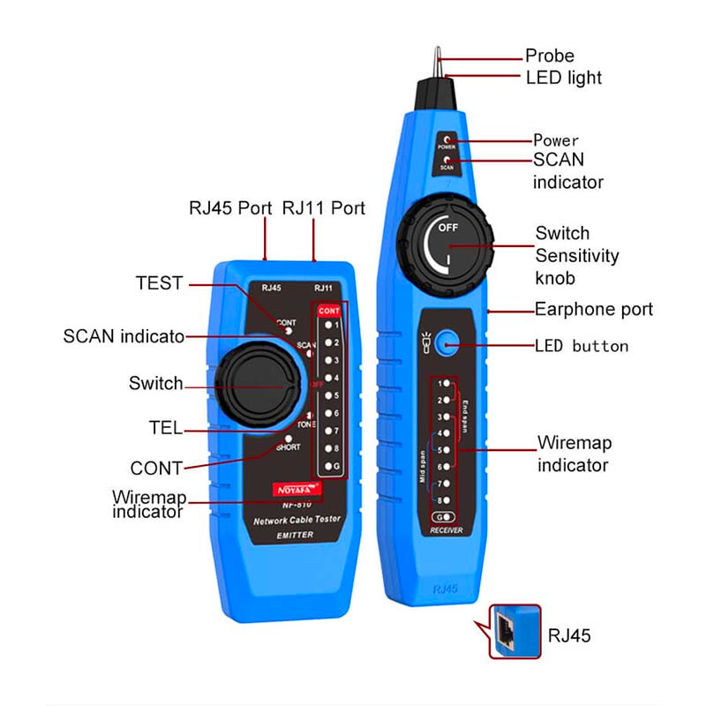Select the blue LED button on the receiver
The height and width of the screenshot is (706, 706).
pos(450,344)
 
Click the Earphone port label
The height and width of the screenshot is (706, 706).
pos(594,309)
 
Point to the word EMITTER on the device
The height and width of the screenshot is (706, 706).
pos(284,535)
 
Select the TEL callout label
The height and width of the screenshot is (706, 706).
pos(165,428)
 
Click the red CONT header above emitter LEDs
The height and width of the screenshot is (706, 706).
pos(329,311)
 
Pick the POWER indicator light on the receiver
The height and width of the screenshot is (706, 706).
pos(447,139)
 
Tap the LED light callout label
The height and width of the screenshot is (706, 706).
pos(564,78)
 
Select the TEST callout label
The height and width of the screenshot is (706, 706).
pos(159,283)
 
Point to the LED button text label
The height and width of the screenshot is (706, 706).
pos(582,345)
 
